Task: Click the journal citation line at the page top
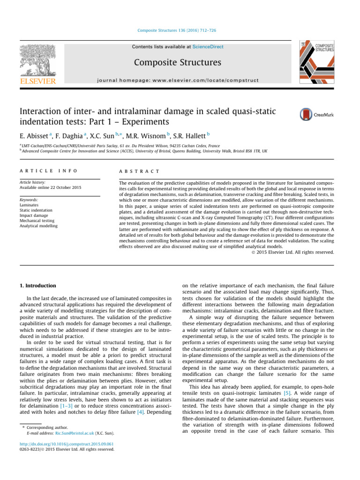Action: coord(180,31)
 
